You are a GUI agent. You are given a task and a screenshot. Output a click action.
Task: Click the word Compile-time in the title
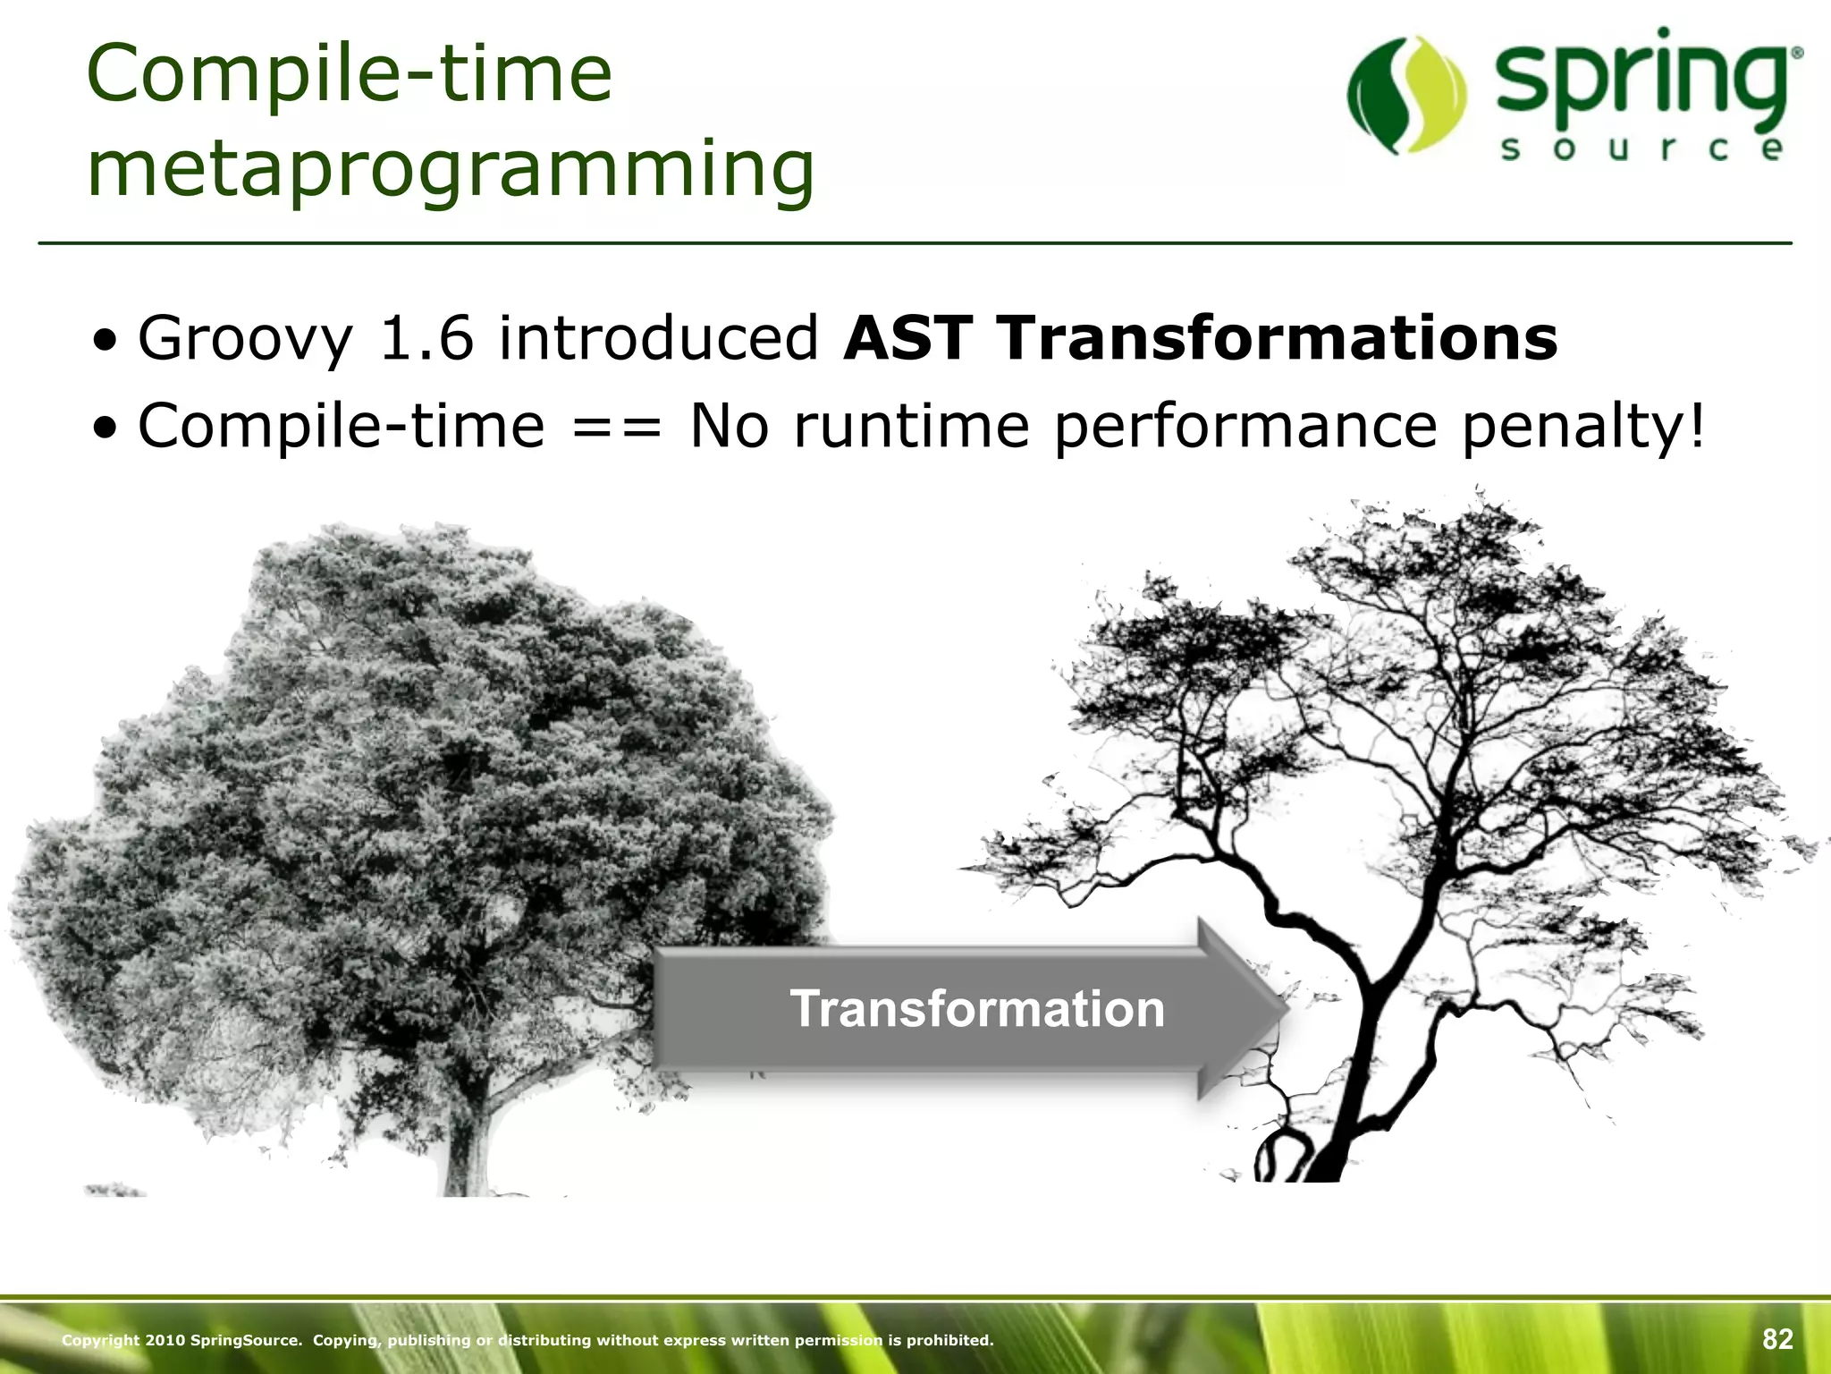[350, 76]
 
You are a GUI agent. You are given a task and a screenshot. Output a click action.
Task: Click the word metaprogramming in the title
[451, 170]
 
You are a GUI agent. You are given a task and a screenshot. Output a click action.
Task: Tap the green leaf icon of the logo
[1406, 96]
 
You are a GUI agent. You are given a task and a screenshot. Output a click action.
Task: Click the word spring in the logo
[1641, 85]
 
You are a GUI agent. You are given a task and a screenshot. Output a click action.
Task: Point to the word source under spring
[1641, 149]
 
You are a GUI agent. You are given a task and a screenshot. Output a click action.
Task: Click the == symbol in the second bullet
[617, 428]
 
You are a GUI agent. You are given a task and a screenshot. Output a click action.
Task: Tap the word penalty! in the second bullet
[1583, 428]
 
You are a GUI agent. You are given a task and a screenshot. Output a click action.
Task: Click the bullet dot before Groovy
[107, 341]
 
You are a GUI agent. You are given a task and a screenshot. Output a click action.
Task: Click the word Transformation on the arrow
[976, 1009]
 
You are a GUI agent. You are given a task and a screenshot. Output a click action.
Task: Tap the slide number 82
[1777, 1339]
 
